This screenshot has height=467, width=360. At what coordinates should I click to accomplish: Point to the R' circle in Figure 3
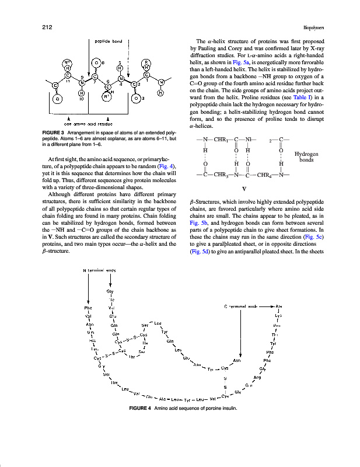coord(106,97)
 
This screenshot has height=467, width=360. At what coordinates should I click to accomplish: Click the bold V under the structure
coord(244,189)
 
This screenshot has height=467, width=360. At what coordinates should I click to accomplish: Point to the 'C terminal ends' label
coord(240,306)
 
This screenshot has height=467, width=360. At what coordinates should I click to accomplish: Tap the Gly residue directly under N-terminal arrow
coord(110,291)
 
